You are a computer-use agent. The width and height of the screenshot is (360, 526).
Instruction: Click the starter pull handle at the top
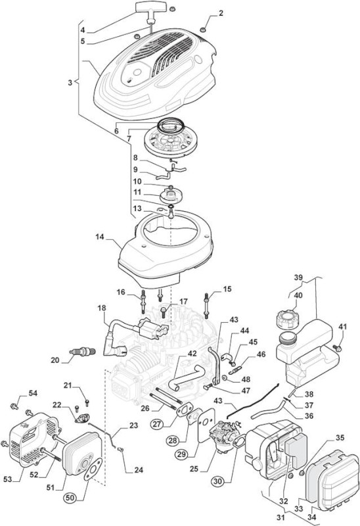point(148,8)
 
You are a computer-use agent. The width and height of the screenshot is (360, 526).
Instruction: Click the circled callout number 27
point(157,423)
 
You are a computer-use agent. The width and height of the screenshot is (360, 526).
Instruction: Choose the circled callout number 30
point(218,481)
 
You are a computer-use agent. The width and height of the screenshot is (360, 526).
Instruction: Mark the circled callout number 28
point(173,440)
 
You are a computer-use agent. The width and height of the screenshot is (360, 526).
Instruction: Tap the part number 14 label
point(100,237)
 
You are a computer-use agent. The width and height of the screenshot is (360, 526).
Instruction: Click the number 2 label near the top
point(221,13)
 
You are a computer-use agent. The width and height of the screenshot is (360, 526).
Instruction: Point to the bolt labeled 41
point(337,348)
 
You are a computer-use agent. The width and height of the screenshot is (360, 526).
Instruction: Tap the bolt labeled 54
point(14,406)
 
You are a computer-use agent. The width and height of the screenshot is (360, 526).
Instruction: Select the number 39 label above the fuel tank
point(298,277)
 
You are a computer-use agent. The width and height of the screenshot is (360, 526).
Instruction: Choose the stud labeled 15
point(206,304)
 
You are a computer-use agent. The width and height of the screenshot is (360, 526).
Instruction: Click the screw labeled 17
point(164,312)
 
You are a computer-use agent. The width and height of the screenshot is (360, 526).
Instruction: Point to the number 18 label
point(102,308)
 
